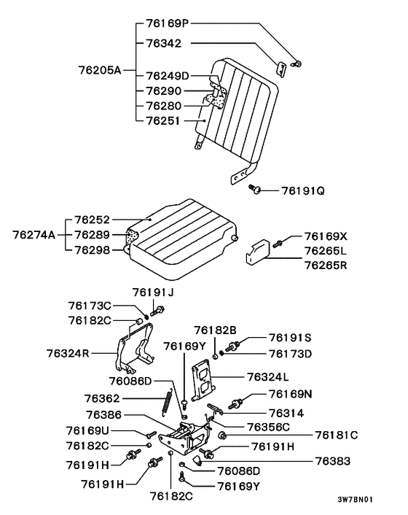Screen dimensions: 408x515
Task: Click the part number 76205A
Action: click(x=100, y=70)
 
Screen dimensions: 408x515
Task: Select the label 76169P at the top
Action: click(x=168, y=23)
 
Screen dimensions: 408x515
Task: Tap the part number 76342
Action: click(x=163, y=43)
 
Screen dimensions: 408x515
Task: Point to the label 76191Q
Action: click(x=303, y=191)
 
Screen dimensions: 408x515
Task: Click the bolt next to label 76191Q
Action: click(x=254, y=188)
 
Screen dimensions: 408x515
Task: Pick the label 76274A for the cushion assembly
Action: click(x=34, y=235)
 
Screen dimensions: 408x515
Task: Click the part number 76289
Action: click(x=92, y=235)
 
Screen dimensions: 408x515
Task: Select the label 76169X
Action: click(x=326, y=236)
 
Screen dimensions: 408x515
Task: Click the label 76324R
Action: click(x=68, y=353)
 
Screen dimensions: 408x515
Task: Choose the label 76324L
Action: click(x=267, y=376)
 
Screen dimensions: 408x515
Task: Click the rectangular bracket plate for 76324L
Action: click(x=203, y=380)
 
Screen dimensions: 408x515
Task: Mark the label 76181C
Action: click(x=337, y=435)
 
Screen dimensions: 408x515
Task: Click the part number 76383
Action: click(x=333, y=461)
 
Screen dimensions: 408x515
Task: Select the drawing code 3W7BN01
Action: click(x=356, y=500)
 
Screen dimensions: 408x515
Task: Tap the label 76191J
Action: click(x=153, y=293)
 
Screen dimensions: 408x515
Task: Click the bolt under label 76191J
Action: click(x=157, y=311)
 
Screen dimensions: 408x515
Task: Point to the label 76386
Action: click(x=103, y=415)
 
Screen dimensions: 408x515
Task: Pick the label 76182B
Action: click(x=215, y=330)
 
